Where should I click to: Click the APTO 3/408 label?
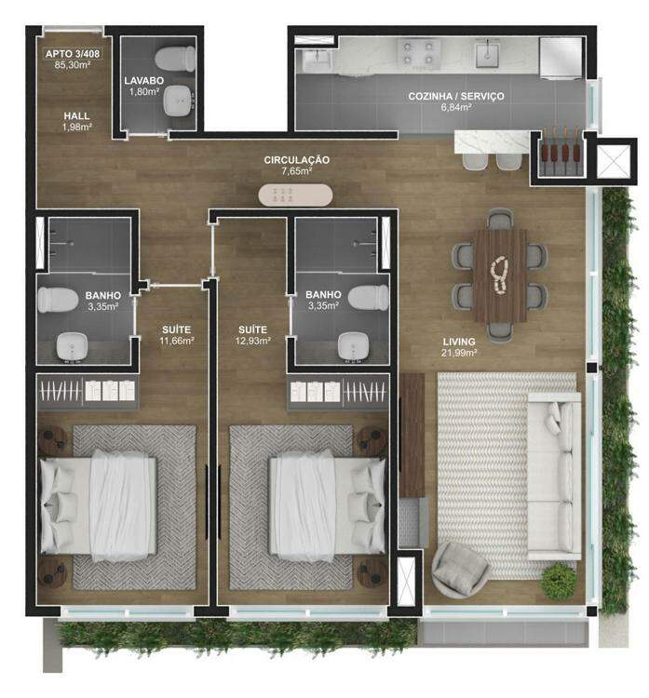coord(72,54)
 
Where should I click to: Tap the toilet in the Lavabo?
coord(175,59)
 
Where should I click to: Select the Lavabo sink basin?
coord(179,101)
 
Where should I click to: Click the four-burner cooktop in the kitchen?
coord(417,53)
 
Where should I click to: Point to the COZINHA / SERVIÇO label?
coord(455,96)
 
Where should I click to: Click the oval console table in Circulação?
coord(295,195)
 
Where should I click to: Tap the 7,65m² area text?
coord(296,170)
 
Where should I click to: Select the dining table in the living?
coord(499,275)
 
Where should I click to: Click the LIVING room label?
coord(458,342)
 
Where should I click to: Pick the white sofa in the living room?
coord(554,476)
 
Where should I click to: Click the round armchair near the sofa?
coord(459,570)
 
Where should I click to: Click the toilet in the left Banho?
coord(58,299)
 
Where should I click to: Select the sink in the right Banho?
coord(353,345)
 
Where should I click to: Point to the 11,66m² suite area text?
coord(176,341)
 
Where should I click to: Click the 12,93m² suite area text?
coord(252,341)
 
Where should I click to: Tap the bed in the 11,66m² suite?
coord(99,506)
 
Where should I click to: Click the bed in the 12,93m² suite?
coord(327,506)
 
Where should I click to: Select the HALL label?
coord(76,115)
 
